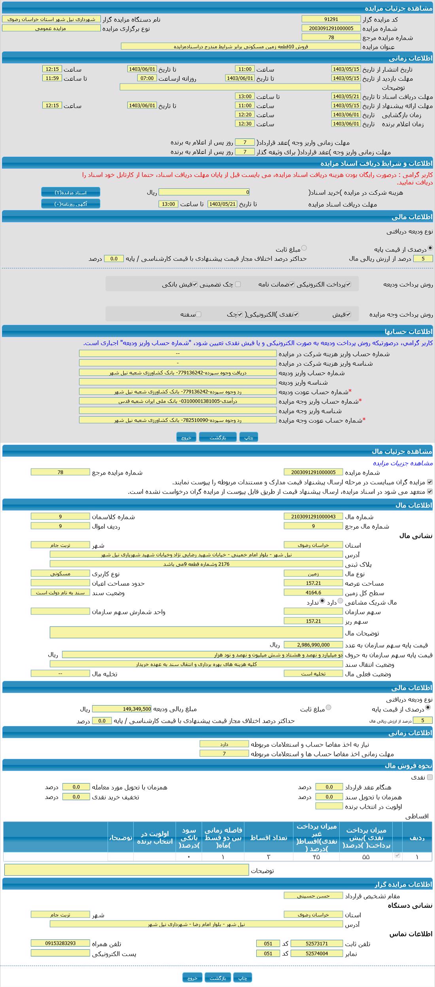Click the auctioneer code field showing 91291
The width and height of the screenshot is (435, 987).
331,19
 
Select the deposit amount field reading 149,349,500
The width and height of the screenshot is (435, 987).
121,709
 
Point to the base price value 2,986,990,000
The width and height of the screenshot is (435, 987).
313,645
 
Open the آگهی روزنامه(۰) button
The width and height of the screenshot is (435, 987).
71,204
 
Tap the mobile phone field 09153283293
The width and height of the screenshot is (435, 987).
60,943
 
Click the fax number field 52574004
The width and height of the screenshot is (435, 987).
316,953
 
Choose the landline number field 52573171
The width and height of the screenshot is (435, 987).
316,943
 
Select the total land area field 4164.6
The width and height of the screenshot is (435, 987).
313,592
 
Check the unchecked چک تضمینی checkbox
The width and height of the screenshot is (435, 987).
238,284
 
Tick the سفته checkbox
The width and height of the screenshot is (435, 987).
199,314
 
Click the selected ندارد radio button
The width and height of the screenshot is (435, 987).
322,601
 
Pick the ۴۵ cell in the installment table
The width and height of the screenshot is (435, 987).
316,857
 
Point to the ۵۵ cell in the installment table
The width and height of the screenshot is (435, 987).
365,857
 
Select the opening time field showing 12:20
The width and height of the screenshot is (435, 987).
245,114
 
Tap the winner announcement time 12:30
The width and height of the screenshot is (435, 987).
245,123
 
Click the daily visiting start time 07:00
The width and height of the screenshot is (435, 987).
147,78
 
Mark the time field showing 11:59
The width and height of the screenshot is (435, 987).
52,78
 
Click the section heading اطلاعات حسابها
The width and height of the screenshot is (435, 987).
408,332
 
